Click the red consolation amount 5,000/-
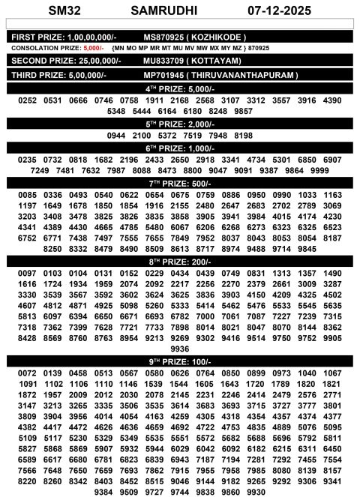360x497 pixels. (x=94, y=47)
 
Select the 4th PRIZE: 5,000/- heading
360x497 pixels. (x=180, y=88)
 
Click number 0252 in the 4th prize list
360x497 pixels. (x=28, y=100)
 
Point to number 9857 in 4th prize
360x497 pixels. (x=243, y=111)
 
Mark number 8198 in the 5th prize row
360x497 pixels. (x=244, y=136)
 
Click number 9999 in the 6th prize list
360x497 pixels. (x=319, y=171)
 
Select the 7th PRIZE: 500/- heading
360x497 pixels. (x=180, y=183)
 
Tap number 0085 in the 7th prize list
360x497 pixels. (x=28, y=195)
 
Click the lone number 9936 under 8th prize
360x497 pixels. (x=180, y=349)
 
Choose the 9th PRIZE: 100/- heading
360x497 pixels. (x=180, y=361)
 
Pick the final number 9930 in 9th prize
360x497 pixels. (x=256, y=492)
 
